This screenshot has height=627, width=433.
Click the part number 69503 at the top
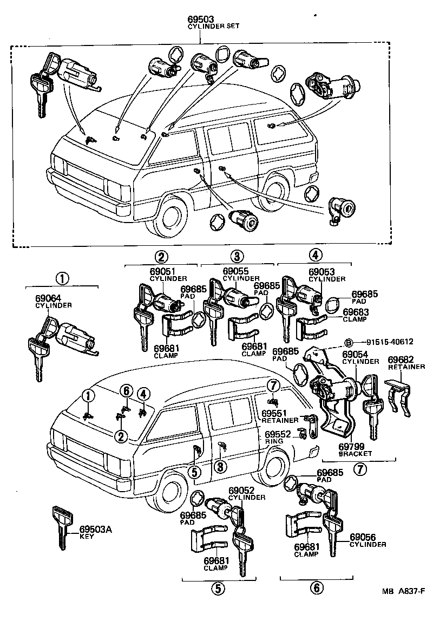tap(201, 18)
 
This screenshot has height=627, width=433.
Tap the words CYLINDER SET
tap(213, 26)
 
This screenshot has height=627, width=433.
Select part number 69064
tap(49, 298)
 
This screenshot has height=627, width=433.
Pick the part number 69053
tap(323, 272)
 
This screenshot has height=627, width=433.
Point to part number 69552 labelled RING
tap(278, 434)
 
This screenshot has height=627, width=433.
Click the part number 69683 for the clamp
tap(356, 312)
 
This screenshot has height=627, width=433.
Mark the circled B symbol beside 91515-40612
tap(349, 342)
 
